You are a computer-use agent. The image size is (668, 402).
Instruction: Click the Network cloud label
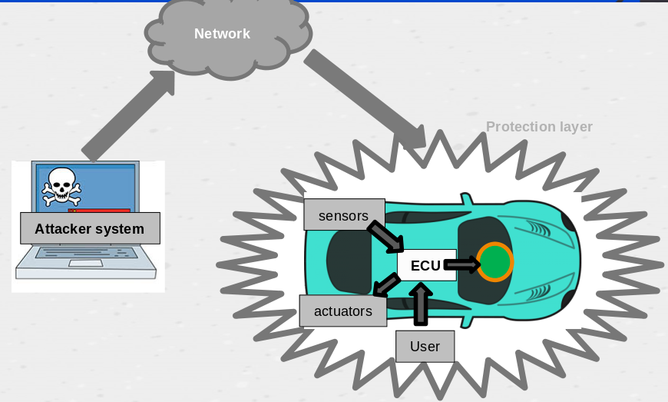coord(222,34)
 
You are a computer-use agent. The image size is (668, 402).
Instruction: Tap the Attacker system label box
coord(89,228)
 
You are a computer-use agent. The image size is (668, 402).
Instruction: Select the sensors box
coord(343,215)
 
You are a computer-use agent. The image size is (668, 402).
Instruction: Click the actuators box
coord(342,311)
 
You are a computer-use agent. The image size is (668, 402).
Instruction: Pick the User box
coord(425,346)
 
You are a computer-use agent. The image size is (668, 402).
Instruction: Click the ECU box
coord(426,265)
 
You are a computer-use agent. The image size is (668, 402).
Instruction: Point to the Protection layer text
coord(539,127)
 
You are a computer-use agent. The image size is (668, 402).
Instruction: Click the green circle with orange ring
coord(494,263)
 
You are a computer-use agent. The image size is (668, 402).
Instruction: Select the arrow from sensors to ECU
coord(385,237)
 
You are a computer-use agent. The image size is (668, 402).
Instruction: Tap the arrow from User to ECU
coord(420,304)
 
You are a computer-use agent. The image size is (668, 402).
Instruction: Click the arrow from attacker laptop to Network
coord(128,115)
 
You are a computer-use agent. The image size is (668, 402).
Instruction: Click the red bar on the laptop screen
coord(99,210)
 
